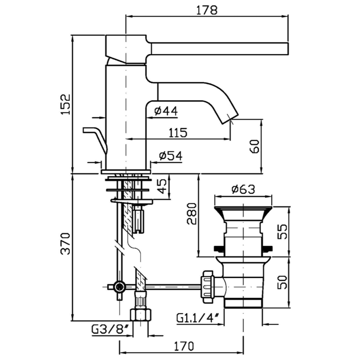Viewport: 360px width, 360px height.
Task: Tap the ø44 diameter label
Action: pos(166,111)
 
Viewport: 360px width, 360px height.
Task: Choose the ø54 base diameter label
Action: pos(170,156)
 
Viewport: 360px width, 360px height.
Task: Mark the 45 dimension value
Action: pos(161,185)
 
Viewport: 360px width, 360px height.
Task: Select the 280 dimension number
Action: pos(191,214)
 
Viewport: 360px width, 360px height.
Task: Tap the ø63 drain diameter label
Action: pos(243,190)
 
